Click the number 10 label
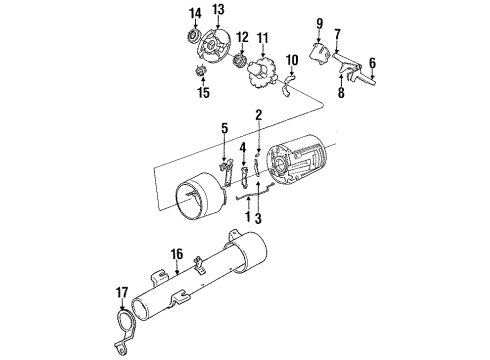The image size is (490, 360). pos(292,61)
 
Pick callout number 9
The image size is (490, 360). pos(320,20)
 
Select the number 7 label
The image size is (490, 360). pos(338,33)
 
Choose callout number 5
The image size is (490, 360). pos(225,127)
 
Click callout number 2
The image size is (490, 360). pos(258,116)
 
